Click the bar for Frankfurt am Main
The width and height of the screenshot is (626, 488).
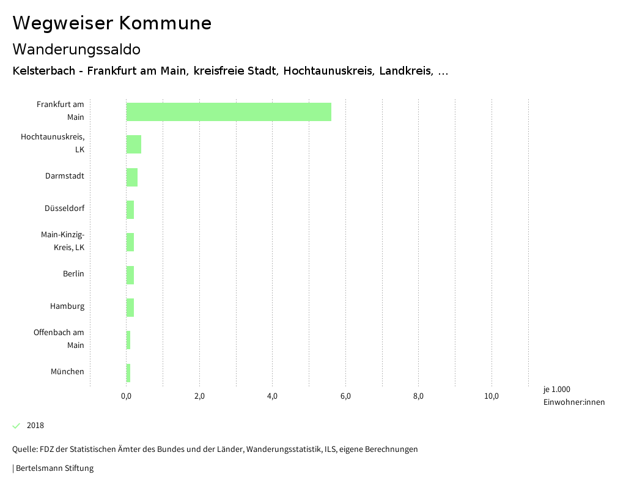click(229, 112)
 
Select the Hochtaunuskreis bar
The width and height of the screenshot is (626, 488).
click(134, 144)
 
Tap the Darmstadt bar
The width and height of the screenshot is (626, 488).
click(132, 177)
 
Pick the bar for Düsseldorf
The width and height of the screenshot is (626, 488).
click(130, 209)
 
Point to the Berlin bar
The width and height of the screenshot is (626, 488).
click(130, 275)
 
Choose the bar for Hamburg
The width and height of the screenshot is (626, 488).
click(130, 307)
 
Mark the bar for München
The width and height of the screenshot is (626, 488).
click(128, 372)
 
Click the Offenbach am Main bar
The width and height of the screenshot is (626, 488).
click(128, 340)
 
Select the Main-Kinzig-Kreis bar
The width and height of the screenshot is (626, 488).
click(130, 242)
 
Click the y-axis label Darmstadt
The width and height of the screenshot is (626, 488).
click(65, 176)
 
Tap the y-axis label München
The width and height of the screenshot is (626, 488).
click(67, 372)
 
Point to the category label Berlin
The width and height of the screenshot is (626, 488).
click(73, 274)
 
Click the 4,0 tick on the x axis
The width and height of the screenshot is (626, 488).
click(272, 396)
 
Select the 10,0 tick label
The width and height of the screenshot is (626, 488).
click(492, 396)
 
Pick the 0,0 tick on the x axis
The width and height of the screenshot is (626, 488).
click(127, 396)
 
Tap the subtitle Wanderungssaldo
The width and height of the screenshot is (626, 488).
click(76, 49)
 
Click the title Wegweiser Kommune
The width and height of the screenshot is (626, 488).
click(112, 23)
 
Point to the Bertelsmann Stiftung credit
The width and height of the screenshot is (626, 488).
click(54, 468)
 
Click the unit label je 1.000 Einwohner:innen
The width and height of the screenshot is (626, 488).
click(573, 396)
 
